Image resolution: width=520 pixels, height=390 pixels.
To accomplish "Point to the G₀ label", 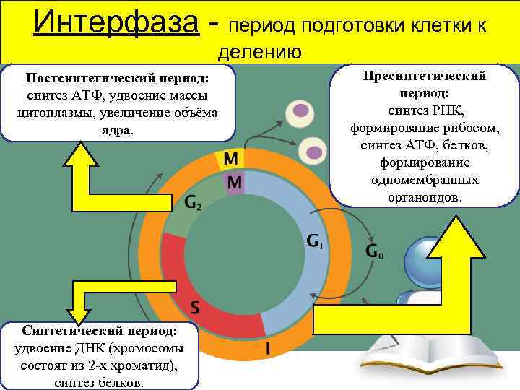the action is tap(374, 252).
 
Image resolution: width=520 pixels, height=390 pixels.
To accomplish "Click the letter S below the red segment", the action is tap(194, 308).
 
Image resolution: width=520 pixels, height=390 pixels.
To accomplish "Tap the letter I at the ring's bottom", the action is tap(268, 348).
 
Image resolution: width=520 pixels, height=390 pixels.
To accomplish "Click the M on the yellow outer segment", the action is tap(232, 157).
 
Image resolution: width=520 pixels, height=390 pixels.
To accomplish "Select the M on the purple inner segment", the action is tap(234, 183).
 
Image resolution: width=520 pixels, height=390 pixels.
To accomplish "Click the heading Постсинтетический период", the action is tap(117, 78).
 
